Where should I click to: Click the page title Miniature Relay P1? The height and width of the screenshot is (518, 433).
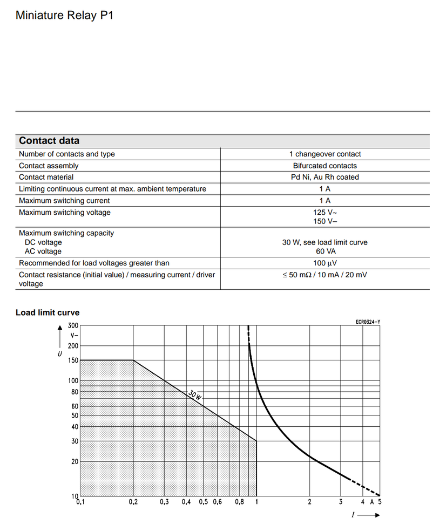click(64, 15)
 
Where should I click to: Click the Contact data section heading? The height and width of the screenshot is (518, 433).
click(49, 141)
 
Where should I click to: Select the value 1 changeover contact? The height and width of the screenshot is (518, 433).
click(325, 154)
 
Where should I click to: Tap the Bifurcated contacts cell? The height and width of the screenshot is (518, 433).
click(325, 166)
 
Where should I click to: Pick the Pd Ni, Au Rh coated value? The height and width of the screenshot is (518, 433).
click(325, 177)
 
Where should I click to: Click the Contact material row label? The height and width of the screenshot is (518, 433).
click(46, 177)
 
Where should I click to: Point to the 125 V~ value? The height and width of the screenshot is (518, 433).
click(325, 213)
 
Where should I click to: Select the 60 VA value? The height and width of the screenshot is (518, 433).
click(325, 251)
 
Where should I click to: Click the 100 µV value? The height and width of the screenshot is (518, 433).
click(325, 263)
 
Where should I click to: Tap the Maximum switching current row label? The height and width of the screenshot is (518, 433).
click(64, 201)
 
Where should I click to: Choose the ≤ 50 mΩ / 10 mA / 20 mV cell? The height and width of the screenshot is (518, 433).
click(325, 275)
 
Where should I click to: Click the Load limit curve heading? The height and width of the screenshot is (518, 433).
click(48, 312)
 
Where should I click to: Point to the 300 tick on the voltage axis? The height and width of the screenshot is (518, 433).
click(73, 326)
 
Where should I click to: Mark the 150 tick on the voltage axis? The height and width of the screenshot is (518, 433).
click(73, 360)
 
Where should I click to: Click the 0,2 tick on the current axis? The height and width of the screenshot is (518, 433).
click(133, 502)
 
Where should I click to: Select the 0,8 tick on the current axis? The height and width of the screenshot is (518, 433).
click(239, 502)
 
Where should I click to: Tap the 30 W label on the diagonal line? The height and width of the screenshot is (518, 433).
click(195, 394)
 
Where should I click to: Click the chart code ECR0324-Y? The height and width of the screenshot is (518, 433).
click(368, 322)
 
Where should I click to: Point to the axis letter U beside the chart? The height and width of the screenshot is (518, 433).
click(60, 353)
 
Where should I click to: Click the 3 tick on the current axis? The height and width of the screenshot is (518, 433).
click(340, 502)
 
